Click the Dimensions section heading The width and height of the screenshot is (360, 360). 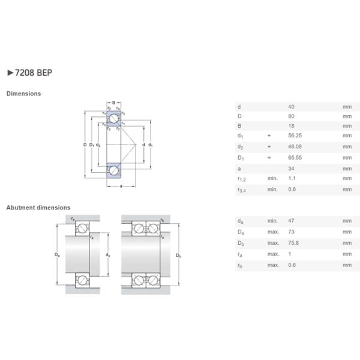pyautogui.click(x=23, y=94)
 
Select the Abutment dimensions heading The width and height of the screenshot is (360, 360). pyautogui.click(x=38, y=208)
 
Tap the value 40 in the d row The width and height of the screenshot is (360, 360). pyautogui.click(x=292, y=107)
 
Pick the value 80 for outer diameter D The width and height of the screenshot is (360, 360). pyautogui.click(x=292, y=116)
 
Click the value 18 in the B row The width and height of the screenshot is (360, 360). pyautogui.click(x=292, y=126)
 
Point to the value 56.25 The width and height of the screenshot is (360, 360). pyautogui.click(x=295, y=136)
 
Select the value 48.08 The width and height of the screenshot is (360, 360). pyautogui.click(x=295, y=147)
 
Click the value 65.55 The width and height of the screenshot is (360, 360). pyautogui.click(x=295, y=158)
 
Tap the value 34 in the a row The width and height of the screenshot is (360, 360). pyautogui.click(x=292, y=169)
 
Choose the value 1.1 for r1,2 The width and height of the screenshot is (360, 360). pyautogui.click(x=292, y=178)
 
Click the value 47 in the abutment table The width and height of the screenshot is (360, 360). pyautogui.click(x=292, y=221)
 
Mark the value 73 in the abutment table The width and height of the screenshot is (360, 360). pyautogui.click(x=292, y=232)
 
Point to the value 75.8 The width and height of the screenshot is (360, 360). pyautogui.click(x=293, y=242)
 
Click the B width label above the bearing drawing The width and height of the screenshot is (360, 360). pyautogui.click(x=114, y=103)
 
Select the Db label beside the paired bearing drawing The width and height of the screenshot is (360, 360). pyautogui.click(x=179, y=256)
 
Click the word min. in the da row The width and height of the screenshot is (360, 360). pyautogui.click(x=272, y=221)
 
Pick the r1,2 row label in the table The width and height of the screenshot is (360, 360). pyautogui.click(x=241, y=179)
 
